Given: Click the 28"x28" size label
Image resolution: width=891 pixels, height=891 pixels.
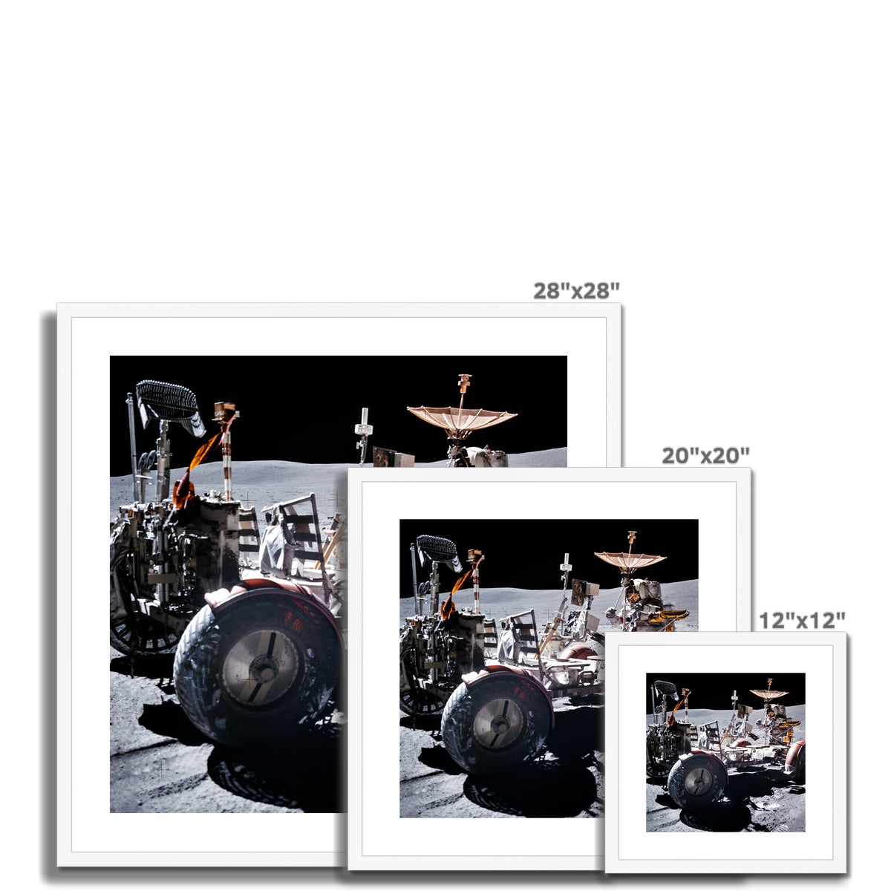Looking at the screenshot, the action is coord(576,291).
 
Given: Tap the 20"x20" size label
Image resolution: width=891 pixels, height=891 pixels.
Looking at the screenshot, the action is coord(705,455).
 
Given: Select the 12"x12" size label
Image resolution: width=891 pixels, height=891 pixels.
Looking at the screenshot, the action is coord(802,621).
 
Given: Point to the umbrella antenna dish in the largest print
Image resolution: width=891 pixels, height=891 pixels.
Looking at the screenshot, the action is coord(461,417).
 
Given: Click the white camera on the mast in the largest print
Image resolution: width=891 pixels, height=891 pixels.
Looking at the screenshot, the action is coord(363,428).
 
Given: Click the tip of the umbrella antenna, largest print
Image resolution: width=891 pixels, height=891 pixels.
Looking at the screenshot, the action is coord(464,376).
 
